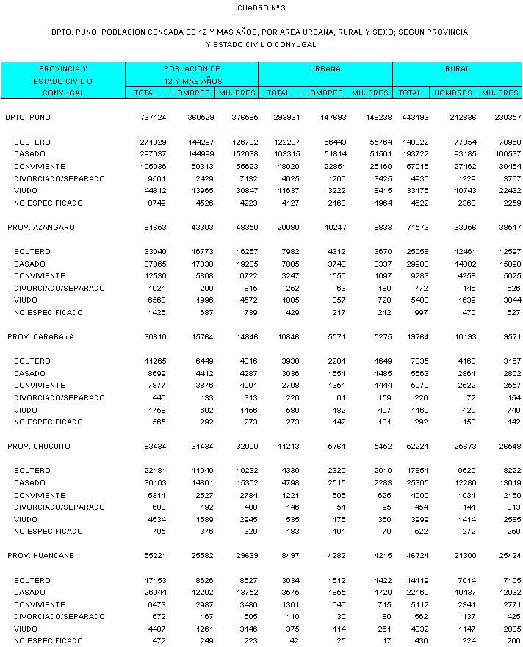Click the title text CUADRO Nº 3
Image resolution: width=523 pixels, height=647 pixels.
[x=261, y=7]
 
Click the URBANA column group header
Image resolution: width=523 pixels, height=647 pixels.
[x=325, y=68]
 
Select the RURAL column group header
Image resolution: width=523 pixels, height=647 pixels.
[x=457, y=68]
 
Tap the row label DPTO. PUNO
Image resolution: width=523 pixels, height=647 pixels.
[x=28, y=118]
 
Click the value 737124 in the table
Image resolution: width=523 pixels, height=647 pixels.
[x=153, y=118]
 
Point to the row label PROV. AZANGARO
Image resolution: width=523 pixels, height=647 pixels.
[x=41, y=228]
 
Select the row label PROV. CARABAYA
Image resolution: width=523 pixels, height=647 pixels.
[x=41, y=337]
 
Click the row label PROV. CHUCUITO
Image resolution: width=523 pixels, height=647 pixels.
[x=40, y=447]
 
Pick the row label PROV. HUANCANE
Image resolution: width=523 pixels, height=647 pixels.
[x=40, y=556]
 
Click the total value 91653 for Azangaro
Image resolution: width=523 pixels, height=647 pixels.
[x=155, y=228]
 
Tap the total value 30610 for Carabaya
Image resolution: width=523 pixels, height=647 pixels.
[x=155, y=337]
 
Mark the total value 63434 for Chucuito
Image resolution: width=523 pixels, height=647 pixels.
[x=155, y=447]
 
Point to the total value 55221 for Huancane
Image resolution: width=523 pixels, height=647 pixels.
[x=155, y=556]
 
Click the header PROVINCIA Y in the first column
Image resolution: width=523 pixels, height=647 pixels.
[x=62, y=68]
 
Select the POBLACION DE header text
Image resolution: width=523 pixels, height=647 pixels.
[x=192, y=68]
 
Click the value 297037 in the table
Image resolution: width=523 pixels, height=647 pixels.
[x=153, y=154]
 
